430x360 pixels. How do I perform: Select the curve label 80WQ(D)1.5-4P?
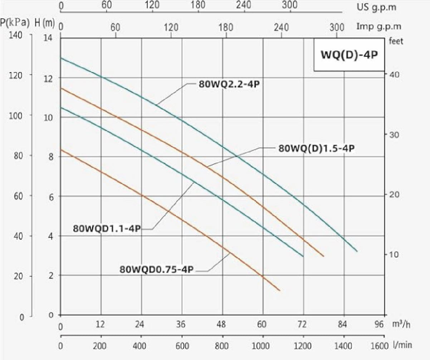coord(316,148)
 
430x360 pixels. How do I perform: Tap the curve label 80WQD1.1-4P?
coord(107,228)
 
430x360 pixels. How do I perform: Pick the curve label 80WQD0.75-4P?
coord(157,269)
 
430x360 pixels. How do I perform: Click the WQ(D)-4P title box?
coord(348,55)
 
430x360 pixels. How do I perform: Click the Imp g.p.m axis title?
coord(379,26)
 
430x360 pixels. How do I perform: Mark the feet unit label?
coord(395,41)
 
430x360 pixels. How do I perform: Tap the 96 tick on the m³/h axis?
coord(379,325)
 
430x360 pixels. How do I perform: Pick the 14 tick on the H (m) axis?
coord(48,37)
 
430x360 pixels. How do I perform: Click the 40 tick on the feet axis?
coord(392,75)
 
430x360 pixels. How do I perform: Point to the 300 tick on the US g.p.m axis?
coord(290,5)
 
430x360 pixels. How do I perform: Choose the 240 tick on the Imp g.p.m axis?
coord(282,26)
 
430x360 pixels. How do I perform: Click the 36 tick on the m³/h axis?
coord(181,325)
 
